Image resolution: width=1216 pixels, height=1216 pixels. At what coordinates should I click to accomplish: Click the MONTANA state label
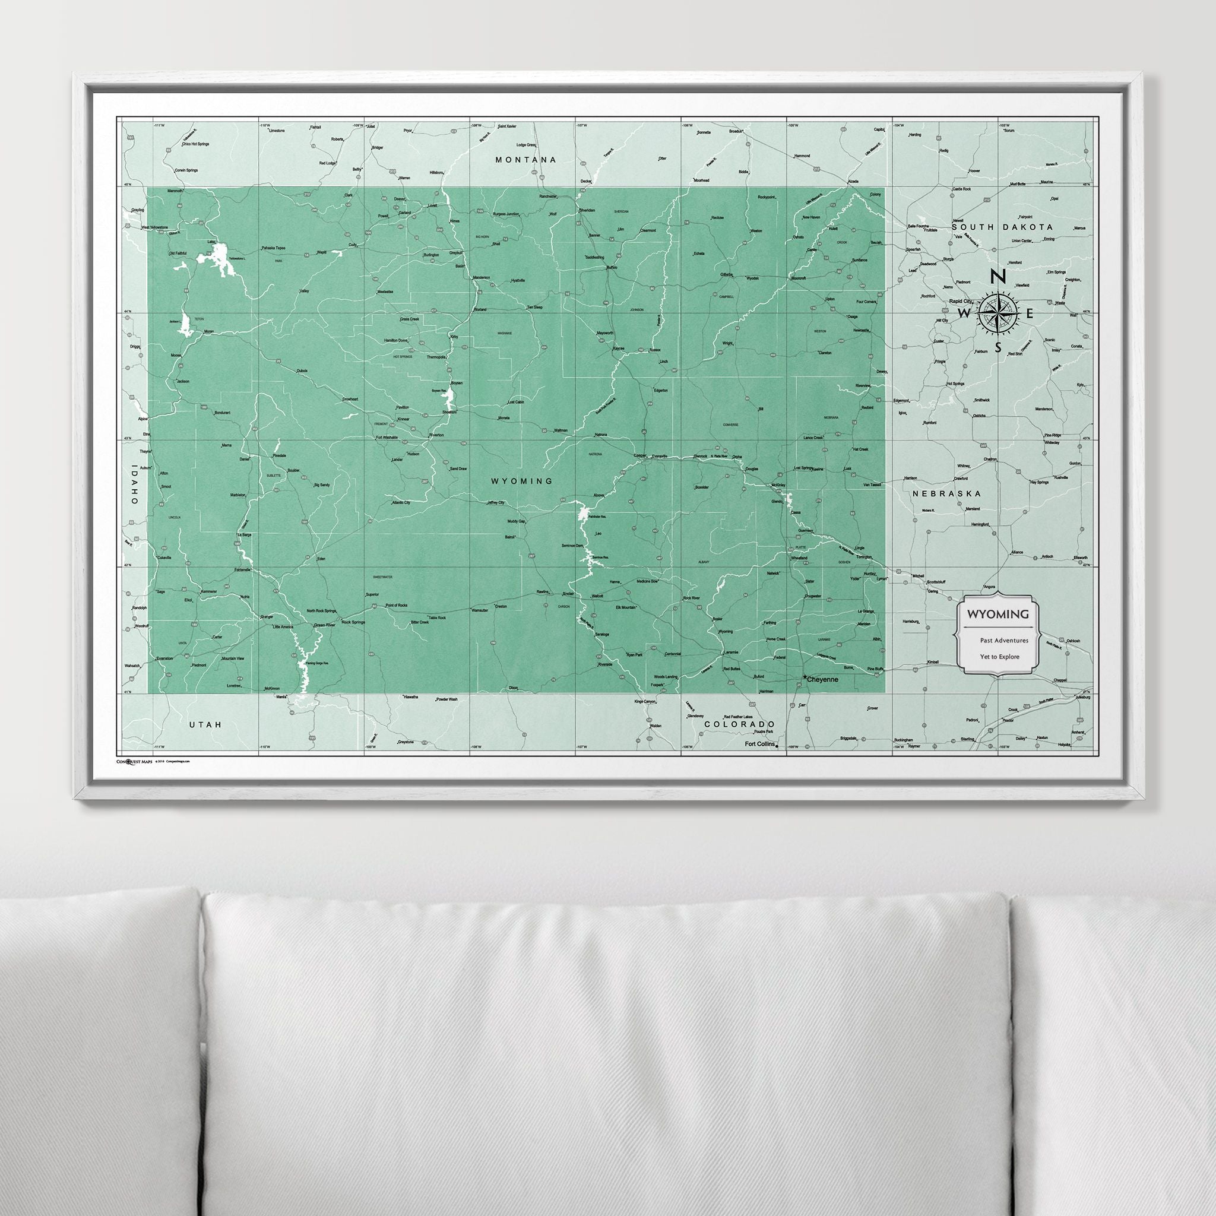(x=525, y=160)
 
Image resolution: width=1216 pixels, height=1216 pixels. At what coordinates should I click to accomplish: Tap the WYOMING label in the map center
(x=522, y=481)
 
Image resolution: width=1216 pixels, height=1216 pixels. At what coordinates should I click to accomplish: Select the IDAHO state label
(x=134, y=483)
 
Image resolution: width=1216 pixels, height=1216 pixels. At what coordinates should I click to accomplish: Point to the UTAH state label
(x=206, y=725)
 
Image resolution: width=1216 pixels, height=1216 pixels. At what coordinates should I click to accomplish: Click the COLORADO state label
(x=739, y=724)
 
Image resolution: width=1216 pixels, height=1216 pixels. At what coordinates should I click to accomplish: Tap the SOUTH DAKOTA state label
(x=1002, y=227)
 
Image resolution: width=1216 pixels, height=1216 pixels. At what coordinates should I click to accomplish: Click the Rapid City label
(x=959, y=302)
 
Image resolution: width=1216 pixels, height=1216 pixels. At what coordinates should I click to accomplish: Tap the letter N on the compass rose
(x=997, y=276)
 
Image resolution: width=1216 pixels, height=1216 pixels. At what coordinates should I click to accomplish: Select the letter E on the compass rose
(x=1030, y=313)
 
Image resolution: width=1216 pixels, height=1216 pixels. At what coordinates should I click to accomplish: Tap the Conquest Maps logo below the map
(x=134, y=761)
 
